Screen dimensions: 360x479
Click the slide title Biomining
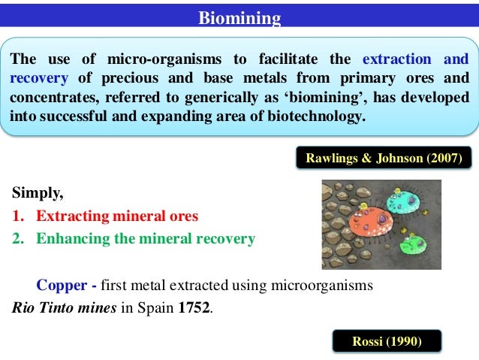pyautogui.click(x=239, y=17)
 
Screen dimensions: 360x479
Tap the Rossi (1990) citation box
pyautogui.click(x=387, y=342)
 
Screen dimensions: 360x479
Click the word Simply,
pyautogui.click(x=38, y=192)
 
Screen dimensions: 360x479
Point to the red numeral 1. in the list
pyautogui.click(x=19, y=216)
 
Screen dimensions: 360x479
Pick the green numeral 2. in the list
pyautogui.click(x=19, y=239)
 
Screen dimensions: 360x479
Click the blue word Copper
pyautogui.click(x=57, y=286)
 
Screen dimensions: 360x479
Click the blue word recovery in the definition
pyautogui.click(x=38, y=79)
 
